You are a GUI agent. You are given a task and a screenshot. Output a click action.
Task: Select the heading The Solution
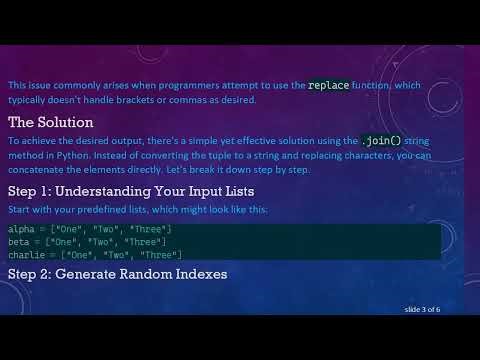click(51, 122)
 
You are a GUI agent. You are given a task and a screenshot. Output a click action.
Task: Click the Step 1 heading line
click(131, 191)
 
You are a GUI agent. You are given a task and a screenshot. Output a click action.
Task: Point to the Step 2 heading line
click(117, 273)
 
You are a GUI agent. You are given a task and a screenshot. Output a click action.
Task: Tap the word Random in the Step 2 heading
click(144, 273)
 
